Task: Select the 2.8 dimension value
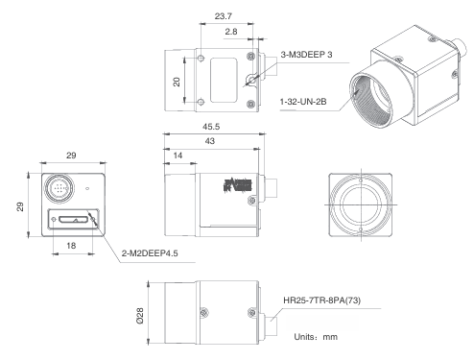click(232, 32)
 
